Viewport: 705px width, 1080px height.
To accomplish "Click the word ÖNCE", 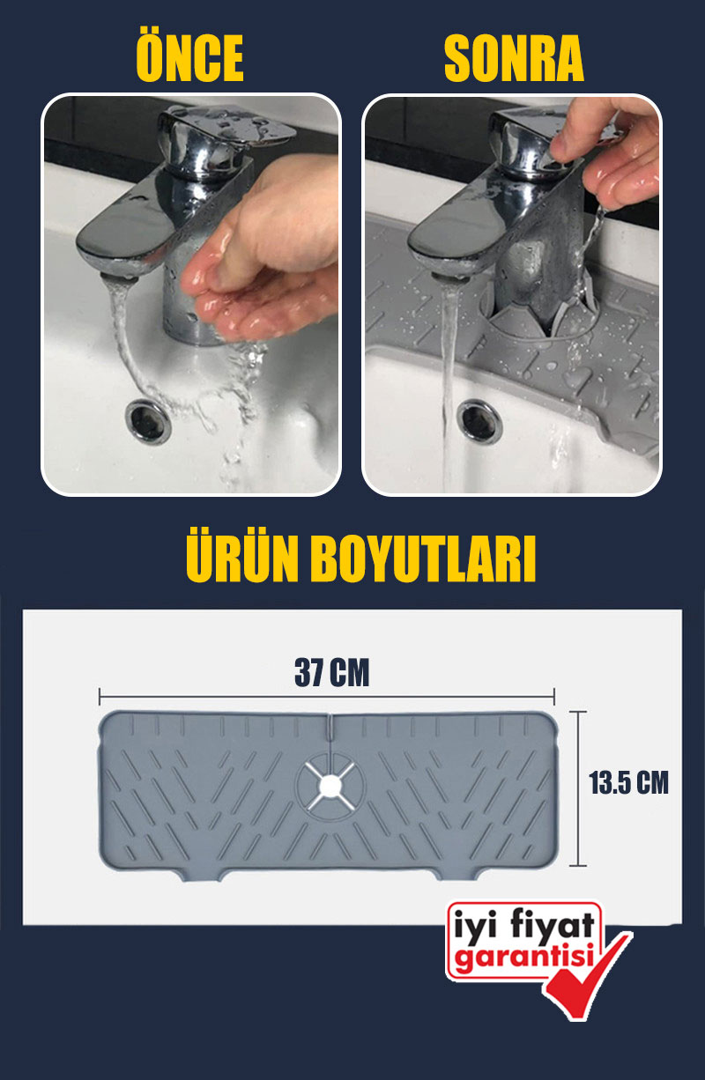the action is (189, 58).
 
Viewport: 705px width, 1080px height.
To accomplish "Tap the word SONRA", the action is (514, 59).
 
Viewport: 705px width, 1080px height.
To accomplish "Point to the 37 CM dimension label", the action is (331, 673).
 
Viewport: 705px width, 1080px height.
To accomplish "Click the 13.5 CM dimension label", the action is (629, 782).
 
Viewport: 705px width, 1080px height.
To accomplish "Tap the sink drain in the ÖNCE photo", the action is (148, 421).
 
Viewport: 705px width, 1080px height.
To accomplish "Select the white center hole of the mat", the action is (330, 786).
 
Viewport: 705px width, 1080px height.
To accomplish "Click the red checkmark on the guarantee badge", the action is (590, 981).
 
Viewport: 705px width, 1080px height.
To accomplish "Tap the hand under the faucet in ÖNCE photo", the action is (260, 251).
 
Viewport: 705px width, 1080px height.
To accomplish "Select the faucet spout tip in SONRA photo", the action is (450, 278).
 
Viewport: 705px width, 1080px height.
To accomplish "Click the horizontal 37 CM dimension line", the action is (327, 697).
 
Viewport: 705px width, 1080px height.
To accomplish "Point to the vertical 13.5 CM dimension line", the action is (578, 788).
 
